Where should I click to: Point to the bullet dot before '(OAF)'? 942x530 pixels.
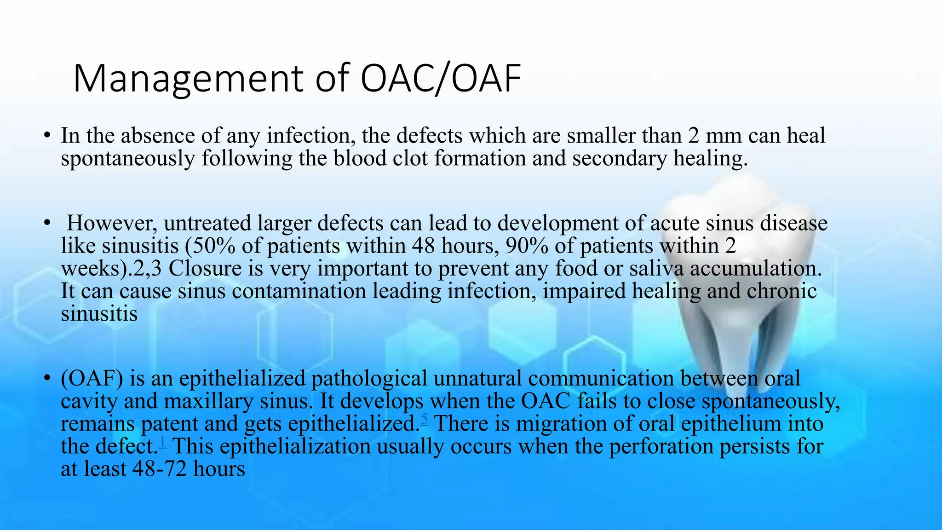point(46,378)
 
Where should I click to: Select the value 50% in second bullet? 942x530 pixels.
point(212,246)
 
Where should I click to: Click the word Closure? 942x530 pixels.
point(205,269)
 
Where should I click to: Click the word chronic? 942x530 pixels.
point(781,291)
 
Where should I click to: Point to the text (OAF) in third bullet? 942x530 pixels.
point(92,379)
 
